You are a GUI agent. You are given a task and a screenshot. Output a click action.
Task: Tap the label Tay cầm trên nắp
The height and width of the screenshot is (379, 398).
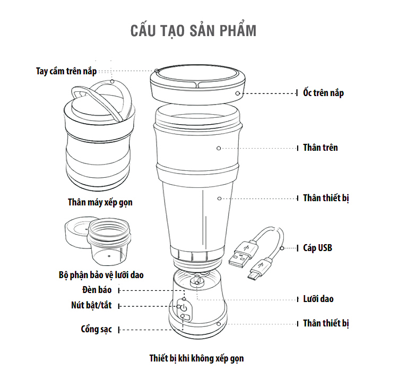click(66, 71)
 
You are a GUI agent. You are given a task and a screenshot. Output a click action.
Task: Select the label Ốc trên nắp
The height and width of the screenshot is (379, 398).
click(323, 93)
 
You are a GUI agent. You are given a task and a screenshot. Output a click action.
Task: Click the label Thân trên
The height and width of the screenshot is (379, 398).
click(321, 148)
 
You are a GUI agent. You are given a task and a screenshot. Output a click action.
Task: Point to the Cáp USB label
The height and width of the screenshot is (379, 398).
click(317, 248)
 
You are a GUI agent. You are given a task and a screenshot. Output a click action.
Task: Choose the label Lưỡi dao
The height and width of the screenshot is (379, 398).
click(318, 299)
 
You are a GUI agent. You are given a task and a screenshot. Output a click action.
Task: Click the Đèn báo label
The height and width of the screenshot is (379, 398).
click(97, 290)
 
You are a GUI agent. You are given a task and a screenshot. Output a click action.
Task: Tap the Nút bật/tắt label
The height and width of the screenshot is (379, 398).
click(91, 305)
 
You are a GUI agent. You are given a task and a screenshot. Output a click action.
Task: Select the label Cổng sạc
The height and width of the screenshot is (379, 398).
click(96, 329)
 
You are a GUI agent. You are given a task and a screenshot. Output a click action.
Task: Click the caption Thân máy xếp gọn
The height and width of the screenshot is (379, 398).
click(100, 202)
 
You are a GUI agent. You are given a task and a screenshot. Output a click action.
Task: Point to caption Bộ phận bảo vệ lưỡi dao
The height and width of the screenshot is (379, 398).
click(101, 275)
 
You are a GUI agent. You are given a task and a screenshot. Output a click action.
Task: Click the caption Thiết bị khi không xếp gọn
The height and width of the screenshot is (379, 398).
click(196, 358)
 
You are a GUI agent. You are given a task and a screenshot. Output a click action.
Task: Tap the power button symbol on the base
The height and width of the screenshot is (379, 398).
click(184, 308)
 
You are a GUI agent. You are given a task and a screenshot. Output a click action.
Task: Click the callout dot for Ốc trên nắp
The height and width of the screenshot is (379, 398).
click(238, 93)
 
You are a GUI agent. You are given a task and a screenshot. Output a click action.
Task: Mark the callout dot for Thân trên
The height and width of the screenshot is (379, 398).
click(219, 148)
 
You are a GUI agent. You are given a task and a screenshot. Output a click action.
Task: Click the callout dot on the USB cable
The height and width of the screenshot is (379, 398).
click(282, 248)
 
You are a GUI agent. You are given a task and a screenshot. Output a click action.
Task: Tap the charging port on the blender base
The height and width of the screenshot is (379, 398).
click(186, 317)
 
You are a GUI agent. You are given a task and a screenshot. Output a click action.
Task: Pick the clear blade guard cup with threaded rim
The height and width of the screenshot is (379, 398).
click(109, 242)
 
